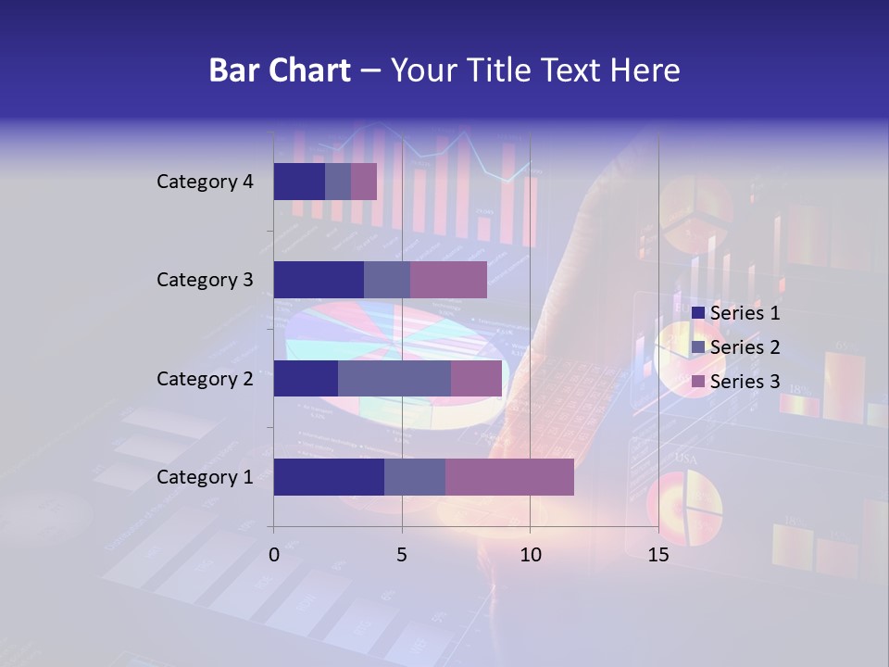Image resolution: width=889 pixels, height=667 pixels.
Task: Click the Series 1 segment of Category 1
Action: coord(329,477)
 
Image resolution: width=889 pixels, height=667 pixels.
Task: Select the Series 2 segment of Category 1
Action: coord(415,477)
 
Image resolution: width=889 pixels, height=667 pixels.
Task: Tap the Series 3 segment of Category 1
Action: coord(509,477)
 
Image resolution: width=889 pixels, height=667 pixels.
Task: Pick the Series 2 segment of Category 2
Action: coord(394,379)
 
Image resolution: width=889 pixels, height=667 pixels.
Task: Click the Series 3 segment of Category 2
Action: coord(476,379)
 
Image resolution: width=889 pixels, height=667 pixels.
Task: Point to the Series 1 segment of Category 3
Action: coord(319,280)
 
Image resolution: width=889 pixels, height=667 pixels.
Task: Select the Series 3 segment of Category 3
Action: coord(448,280)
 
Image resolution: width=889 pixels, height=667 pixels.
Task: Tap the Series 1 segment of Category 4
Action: coord(299,182)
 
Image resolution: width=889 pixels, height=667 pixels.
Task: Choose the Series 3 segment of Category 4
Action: coord(364,182)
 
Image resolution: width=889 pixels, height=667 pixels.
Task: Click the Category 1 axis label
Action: coord(205,477)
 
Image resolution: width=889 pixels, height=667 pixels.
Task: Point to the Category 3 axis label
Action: coord(205,280)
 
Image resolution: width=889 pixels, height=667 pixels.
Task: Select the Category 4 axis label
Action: coord(205,182)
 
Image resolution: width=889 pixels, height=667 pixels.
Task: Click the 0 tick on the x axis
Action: coord(274,555)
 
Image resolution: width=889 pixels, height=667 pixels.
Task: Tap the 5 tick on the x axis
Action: coord(402,555)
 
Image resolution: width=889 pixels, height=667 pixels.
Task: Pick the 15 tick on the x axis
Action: coord(658,555)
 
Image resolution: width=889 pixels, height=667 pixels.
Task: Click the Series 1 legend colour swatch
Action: coord(698,313)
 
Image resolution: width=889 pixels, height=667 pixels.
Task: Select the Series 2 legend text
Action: coord(745,347)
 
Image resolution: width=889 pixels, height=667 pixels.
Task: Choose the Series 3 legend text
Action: coord(745,382)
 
